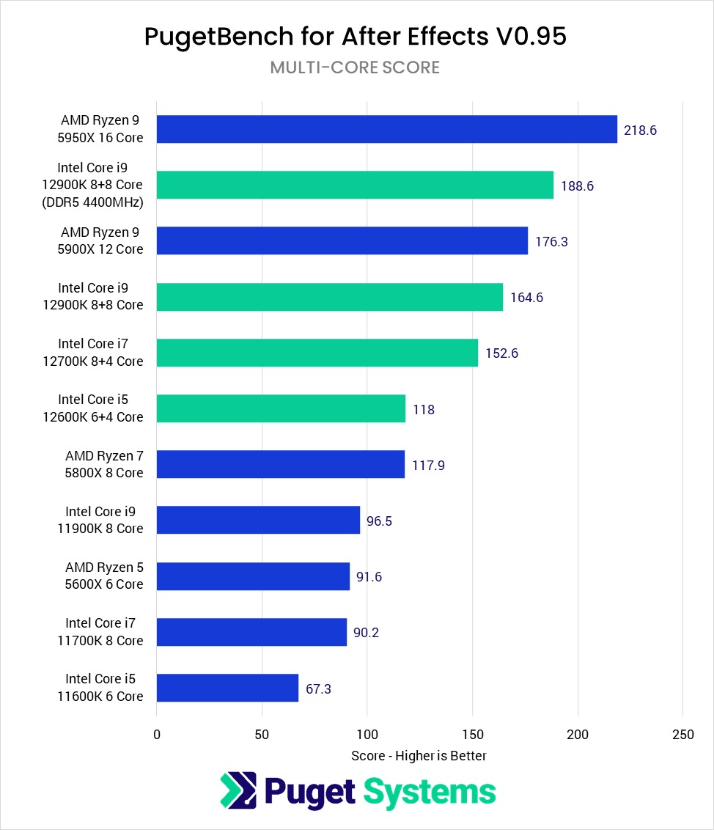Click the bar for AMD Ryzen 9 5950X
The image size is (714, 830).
point(386,129)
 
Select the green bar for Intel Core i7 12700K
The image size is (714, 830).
point(317,353)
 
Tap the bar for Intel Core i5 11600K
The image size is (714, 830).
point(227,688)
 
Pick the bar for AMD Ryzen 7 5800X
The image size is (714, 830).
point(280,464)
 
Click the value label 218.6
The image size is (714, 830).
point(640,131)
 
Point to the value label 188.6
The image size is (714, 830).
point(577,186)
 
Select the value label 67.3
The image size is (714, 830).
point(318,688)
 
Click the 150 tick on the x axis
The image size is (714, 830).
point(472,735)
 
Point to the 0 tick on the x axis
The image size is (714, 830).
point(157,735)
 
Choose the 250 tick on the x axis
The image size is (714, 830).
point(682,735)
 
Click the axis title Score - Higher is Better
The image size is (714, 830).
point(419,755)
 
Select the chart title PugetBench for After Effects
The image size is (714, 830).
point(356,37)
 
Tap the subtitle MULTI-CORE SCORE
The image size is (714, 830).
point(355,67)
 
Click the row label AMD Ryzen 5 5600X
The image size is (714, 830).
point(104,576)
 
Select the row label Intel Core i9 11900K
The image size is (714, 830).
point(104,520)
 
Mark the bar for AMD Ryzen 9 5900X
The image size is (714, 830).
point(342,240)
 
